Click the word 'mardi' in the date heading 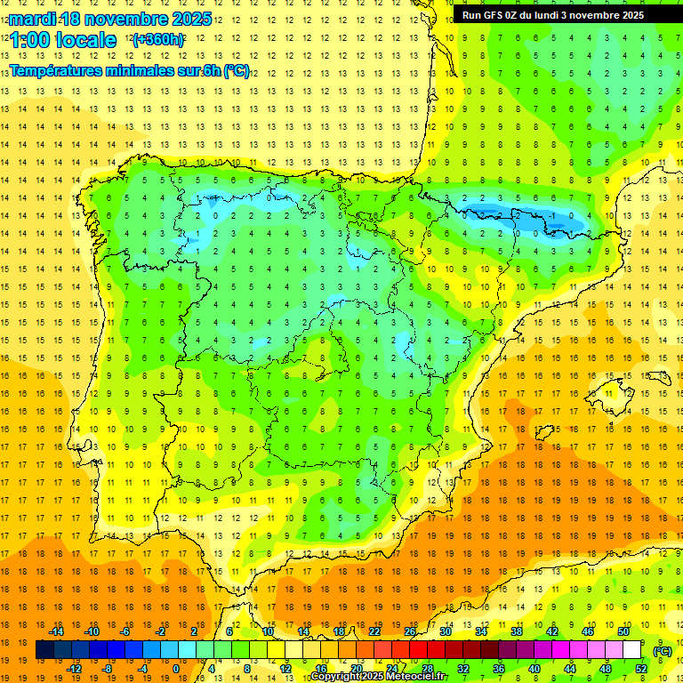click(x=31, y=19)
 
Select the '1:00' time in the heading click(x=28, y=40)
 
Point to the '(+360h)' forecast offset click(x=158, y=40)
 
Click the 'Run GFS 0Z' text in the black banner click(x=494, y=15)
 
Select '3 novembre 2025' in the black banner click(x=619, y=15)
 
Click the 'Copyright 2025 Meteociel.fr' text click(x=378, y=677)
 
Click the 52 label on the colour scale click(x=641, y=669)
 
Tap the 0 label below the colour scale click(x=175, y=669)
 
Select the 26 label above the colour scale click(x=410, y=631)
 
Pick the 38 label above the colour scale click(x=517, y=631)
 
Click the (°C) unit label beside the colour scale click(x=663, y=651)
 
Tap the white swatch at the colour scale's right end click(x=632, y=650)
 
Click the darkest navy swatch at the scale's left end click(x=44, y=650)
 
